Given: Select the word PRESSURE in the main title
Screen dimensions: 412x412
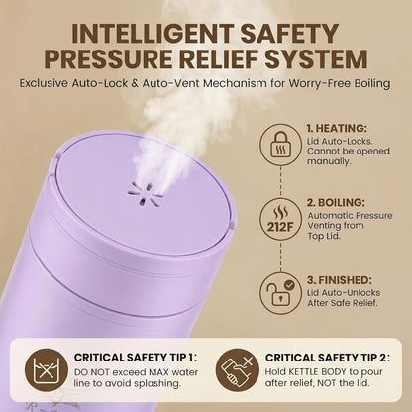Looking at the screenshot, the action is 109,59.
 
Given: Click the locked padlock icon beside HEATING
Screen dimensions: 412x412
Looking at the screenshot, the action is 280,145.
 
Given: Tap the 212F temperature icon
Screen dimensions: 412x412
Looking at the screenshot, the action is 280,219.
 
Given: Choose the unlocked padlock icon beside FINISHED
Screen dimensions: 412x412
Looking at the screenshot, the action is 280,293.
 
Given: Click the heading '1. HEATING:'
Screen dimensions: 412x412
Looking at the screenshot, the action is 337,128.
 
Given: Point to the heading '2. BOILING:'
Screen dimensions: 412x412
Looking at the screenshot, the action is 336,202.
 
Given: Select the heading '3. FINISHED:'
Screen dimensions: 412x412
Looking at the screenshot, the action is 340,280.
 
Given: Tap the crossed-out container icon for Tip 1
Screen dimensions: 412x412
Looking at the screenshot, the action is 47,370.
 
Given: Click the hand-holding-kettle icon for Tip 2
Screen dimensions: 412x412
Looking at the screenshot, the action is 238,370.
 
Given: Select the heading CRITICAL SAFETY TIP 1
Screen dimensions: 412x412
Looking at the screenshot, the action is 136,358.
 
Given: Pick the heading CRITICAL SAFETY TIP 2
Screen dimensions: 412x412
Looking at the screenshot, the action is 328,358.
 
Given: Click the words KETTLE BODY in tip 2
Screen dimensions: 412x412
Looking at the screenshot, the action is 318,372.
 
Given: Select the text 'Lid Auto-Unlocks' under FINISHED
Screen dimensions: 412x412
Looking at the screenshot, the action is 344,293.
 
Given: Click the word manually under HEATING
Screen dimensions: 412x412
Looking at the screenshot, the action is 328,161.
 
